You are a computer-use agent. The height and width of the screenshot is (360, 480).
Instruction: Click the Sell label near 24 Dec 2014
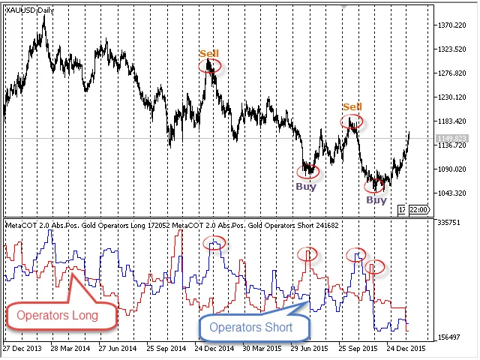coord(208,53)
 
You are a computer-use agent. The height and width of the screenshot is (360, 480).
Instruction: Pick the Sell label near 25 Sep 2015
coord(352,107)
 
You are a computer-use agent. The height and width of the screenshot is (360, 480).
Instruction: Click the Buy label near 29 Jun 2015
coord(305,187)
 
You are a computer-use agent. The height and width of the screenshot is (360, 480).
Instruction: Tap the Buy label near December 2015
coord(376,200)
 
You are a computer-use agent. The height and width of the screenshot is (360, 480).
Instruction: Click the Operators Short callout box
coord(254,327)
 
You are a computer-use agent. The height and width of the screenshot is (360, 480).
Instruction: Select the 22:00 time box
coord(418,209)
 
